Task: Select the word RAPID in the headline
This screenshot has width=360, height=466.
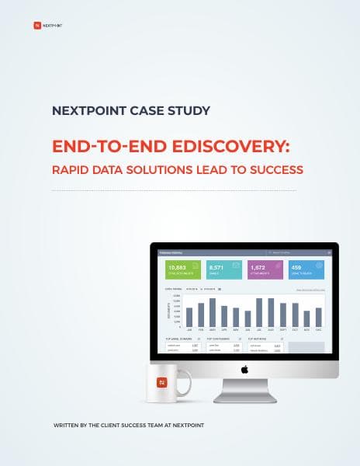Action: (74, 169)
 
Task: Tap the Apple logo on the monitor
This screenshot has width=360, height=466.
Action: (244, 370)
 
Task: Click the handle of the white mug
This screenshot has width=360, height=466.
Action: (186, 381)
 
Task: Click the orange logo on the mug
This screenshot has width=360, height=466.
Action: (162, 382)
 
